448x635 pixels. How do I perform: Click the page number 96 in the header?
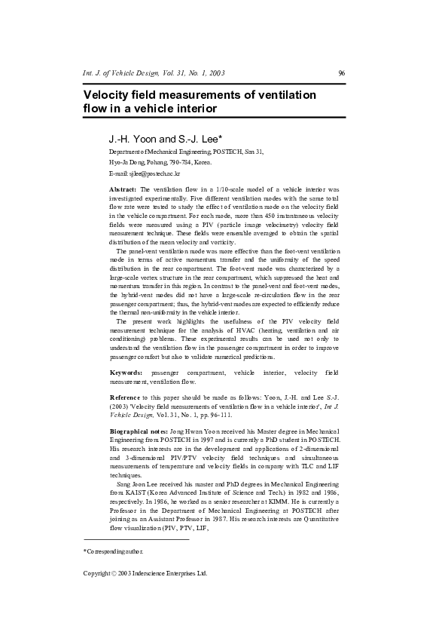pyautogui.click(x=341, y=73)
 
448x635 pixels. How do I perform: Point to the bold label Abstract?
pyautogui.click(x=123, y=189)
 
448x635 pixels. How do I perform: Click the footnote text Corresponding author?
pyautogui.click(x=114, y=552)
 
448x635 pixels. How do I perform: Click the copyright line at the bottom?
pyautogui.click(x=145, y=573)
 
